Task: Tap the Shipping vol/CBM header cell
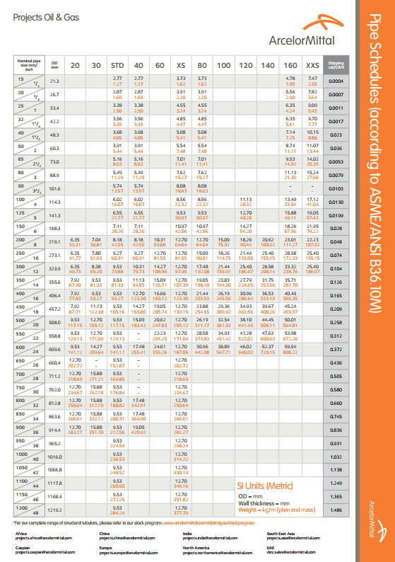[x=336, y=64]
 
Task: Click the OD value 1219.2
[x=55, y=510]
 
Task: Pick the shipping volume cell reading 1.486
[x=336, y=510]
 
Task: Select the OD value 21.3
[x=55, y=81]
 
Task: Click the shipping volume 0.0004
[x=336, y=81]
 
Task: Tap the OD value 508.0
[x=55, y=322]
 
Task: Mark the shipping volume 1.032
[x=336, y=457]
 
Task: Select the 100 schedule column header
[x=224, y=65]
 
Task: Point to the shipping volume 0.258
[x=336, y=322]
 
